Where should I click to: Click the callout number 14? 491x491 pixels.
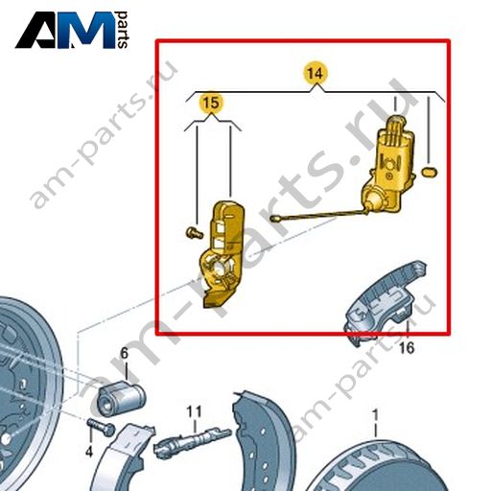pyautogui.click(x=316, y=73)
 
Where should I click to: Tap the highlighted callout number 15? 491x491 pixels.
pyautogui.click(x=211, y=103)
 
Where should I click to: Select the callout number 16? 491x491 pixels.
pyautogui.click(x=407, y=348)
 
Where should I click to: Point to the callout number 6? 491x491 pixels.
pyautogui.click(x=124, y=353)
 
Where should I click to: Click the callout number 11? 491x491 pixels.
pyautogui.click(x=195, y=411)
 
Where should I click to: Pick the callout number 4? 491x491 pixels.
pyautogui.click(x=89, y=452)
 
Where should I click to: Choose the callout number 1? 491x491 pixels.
pyautogui.click(x=375, y=415)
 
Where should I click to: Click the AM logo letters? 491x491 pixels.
pyautogui.click(x=65, y=31)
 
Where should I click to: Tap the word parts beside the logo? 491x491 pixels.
pyautogui.click(x=122, y=30)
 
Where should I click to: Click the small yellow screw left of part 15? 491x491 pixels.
pyautogui.click(x=194, y=232)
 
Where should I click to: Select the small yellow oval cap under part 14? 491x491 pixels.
pyautogui.click(x=430, y=173)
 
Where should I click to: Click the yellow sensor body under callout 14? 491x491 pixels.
pyautogui.click(x=387, y=166)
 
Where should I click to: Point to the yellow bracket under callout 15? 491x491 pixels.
pyautogui.click(x=222, y=254)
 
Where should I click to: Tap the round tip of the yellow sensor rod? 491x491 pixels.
pyautogui.click(x=274, y=219)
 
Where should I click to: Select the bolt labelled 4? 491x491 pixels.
pyautogui.click(x=101, y=428)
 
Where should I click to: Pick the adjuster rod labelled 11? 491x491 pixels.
pyautogui.click(x=192, y=442)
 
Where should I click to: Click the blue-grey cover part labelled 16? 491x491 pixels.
pyautogui.click(x=386, y=304)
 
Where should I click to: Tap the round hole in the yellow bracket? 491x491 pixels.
pyautogui.click(x=220, y=268)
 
